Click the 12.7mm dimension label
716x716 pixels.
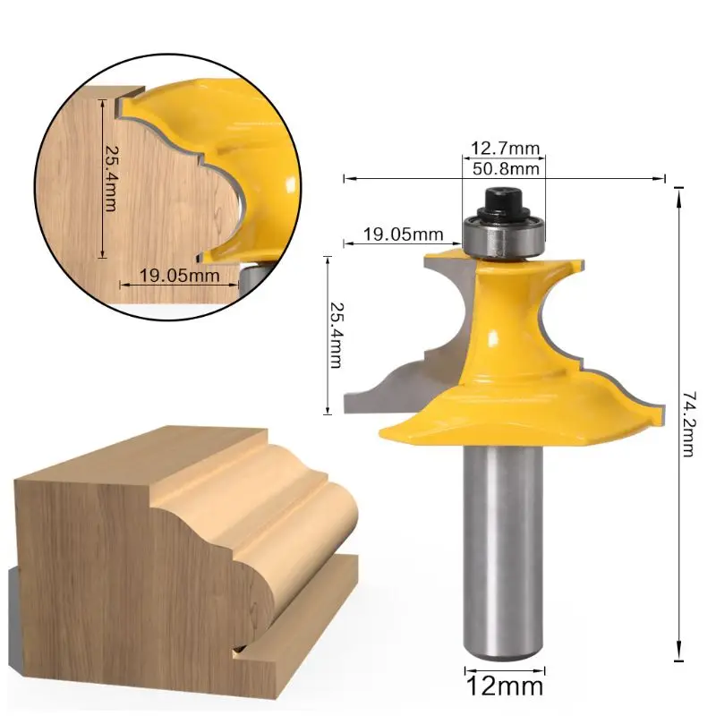tap(505, 149)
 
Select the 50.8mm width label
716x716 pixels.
tap(506, 169)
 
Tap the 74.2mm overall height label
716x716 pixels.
tap(688, 423)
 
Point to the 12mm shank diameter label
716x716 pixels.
tap(505, 686)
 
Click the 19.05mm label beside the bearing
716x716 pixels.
tap(404, 234)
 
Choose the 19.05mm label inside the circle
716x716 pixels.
tap(180, 276)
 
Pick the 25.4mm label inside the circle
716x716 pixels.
tap(111, 178)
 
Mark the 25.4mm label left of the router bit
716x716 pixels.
tap(337, 335)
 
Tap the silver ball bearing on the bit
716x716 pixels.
tap(504, 236)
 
